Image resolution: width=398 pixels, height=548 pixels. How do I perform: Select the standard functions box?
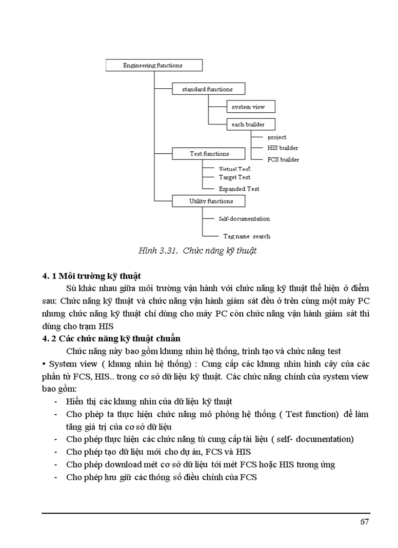coord(208,89)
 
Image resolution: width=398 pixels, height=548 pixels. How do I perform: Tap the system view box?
coord(251,107)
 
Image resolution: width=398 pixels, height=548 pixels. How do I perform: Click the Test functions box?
coord(208,154)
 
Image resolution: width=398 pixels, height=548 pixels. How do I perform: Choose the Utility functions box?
coord(208,201)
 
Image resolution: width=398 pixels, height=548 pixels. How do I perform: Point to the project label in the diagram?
coord(277,137)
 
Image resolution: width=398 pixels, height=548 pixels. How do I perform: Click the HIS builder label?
coord(282,148)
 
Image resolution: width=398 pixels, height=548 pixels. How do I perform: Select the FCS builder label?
coord(283,160)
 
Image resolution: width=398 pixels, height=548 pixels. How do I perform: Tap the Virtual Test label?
coord(235,169)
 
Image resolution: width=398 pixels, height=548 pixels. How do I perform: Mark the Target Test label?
coord(235,177)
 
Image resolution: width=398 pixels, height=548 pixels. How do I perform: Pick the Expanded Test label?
coord(239,189)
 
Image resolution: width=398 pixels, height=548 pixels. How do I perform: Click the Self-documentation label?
coord(244,219)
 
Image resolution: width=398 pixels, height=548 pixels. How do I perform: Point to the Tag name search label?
coord(247,236)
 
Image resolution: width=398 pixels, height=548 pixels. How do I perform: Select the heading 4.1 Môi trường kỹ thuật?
coord(92,277)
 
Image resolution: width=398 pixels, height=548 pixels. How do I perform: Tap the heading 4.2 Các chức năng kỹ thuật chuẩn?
coord(111,338)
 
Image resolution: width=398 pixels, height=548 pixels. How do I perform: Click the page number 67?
coord(364,522)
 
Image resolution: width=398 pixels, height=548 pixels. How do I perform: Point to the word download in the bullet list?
coord(116,464)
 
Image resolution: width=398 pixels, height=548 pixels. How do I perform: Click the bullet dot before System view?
coord(44,364)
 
